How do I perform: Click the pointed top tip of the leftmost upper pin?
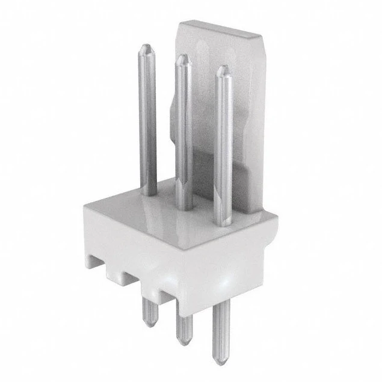(146, 48)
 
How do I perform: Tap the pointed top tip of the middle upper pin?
(182, 58)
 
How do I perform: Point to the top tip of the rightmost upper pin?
(223, 70)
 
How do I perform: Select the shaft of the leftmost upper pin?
(147, 120)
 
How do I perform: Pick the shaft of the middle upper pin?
(183, 132)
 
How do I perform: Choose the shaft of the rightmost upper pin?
(223, 144)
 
